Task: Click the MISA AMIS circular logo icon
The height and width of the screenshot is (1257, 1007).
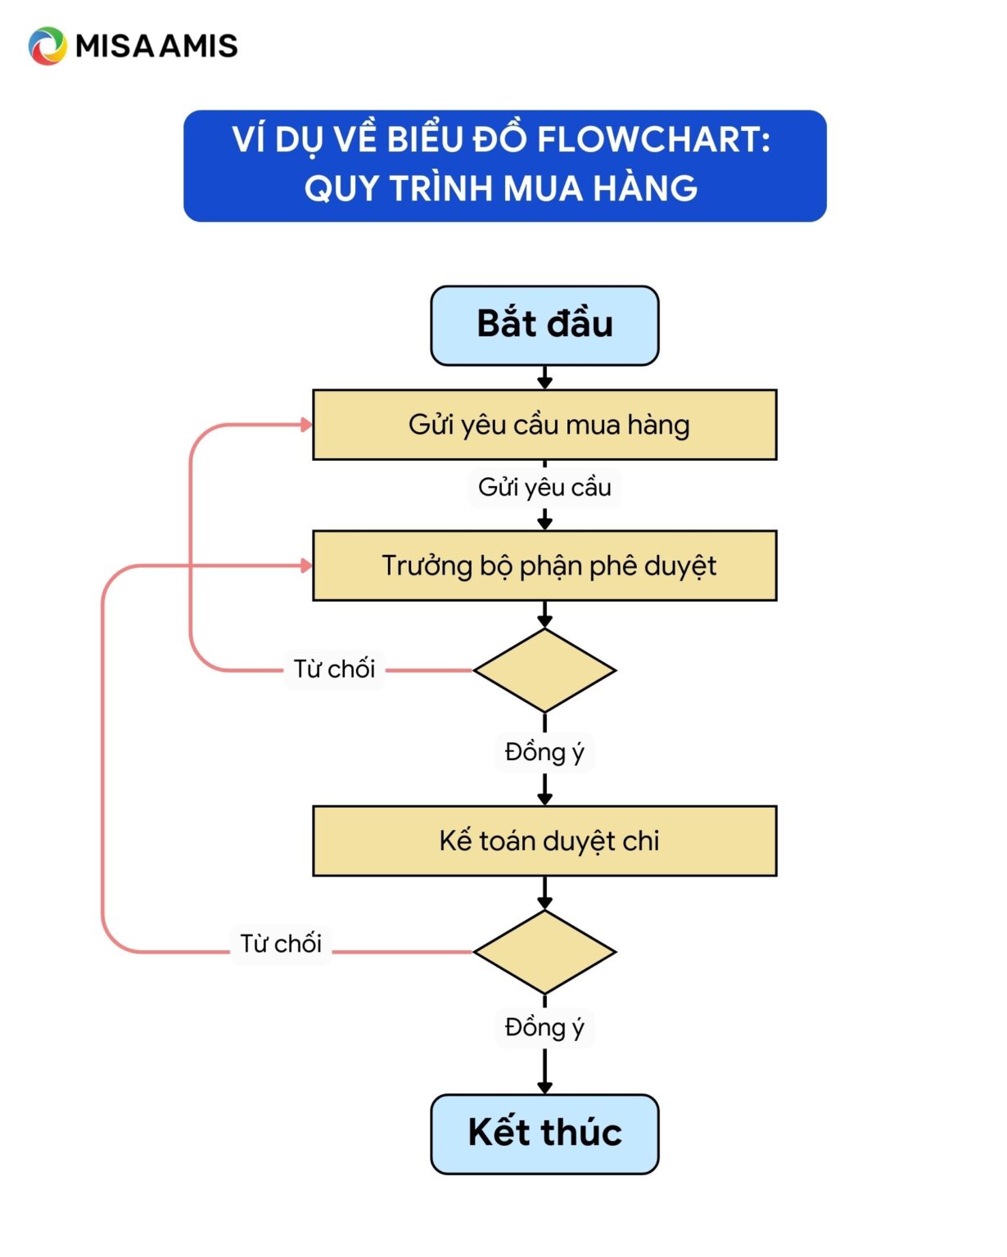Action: coord(47,46)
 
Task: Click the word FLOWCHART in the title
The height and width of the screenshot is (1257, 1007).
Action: coord(653,139)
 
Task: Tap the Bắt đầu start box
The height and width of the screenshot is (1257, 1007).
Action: coord(544,325)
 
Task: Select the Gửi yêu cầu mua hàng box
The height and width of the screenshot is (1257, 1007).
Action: coord(544,425)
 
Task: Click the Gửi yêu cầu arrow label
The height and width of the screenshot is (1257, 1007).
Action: coord(544,488)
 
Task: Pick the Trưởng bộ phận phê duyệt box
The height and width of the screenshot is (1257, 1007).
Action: coord(544,565)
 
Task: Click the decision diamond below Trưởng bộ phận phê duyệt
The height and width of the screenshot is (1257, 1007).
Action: coord(544,670)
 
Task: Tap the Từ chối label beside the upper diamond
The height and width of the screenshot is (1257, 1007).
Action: coord(334,669)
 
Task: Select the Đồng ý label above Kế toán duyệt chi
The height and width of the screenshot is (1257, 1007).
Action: coord(544,752)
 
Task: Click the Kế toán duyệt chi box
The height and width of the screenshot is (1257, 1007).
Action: coord(544,840)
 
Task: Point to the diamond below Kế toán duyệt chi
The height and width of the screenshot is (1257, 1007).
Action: coord(544,952)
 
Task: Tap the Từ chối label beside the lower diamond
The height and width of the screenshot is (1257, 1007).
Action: coord(281,944)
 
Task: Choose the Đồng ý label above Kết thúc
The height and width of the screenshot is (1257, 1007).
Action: coord(544,1027)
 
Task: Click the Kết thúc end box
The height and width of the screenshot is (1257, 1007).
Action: coord(544,1133)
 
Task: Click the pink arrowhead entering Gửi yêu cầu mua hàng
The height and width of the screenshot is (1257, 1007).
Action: coord(307,425)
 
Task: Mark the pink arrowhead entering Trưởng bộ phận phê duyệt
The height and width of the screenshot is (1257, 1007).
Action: coord(307,565)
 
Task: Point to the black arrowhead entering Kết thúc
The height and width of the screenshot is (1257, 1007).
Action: coord(544,1088)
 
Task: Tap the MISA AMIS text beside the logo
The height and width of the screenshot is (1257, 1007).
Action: coord(156,46)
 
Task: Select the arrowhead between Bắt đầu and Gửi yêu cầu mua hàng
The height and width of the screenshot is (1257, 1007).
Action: coord(544,382)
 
